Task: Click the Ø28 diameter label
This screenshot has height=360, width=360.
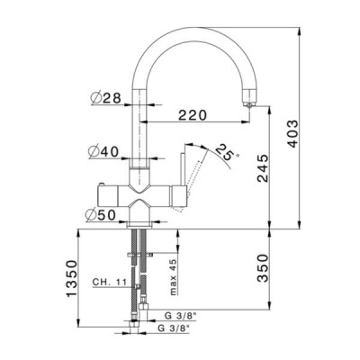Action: [x=105, y=97]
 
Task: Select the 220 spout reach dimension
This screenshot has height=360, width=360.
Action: [x=193, y=115]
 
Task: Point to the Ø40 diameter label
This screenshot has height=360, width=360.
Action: [x=103, y=152]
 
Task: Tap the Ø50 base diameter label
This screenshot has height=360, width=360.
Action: [x=100, y=215]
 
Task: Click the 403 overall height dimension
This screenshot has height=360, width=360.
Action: [x=292, y=134]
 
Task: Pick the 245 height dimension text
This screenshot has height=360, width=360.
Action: [x=263, y=168]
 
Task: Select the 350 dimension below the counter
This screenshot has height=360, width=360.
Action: [x=263, y=268]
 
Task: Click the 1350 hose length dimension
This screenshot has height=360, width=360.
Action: [x=71, y=279]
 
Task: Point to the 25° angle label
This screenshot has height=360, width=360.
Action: [x=226, y=152]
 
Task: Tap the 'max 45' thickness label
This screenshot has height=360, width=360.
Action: [x=174, y=276]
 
